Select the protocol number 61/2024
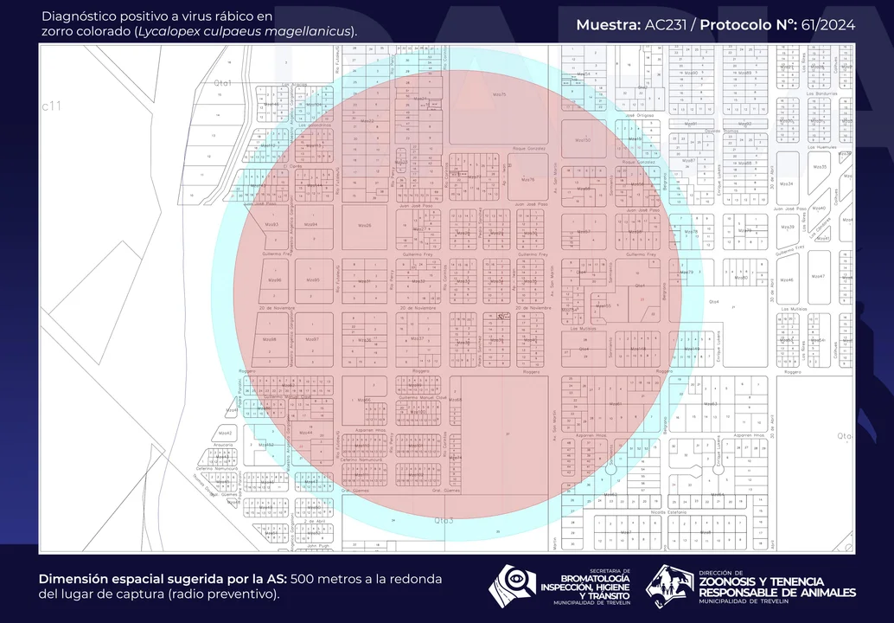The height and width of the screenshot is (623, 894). pyautogui.click(x=826, y=25)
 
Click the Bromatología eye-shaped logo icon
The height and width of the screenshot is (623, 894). pyautogui.click(x=512, y=585)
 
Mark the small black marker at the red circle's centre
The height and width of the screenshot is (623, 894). pyautogui.click(x=501, y=317)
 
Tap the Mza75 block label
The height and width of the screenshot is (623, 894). pyautogui.click(x=499, y=93)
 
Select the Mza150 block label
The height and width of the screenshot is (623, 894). pyautogui.click(x=583, y=139)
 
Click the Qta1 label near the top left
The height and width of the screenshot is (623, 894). pyautogui.click(x=224, y=82)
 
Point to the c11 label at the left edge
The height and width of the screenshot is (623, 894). pyautogui.click(x=52, y=106)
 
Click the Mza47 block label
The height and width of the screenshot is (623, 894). pyautogui.click(x=817, y=277)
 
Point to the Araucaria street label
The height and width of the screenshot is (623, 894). pyautogui.click(x=223, y=445)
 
